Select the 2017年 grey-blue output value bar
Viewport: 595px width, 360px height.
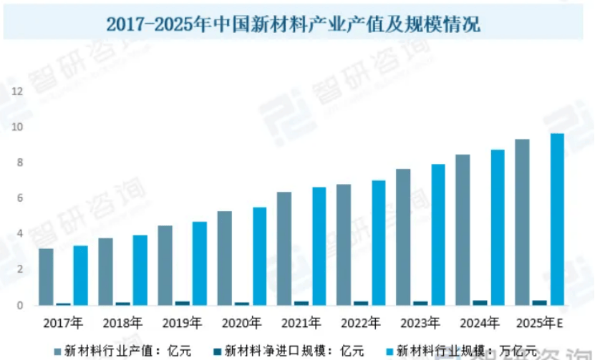[x=46, y=277]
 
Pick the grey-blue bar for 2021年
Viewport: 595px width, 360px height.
[x=284, y=248]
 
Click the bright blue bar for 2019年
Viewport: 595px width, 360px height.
[x=199, y=263]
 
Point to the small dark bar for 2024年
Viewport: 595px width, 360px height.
[x=479, y=303]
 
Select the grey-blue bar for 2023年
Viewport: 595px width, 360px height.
[x=403, y=237]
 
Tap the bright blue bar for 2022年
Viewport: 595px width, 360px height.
[x=378, y=243]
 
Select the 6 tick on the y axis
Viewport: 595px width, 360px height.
[x=20, y=198]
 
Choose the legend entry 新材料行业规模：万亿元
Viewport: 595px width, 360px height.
[x=460, y=350]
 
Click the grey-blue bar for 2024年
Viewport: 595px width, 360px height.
[x=463, y=230]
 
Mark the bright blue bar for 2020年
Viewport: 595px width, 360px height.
[x=259, y=256]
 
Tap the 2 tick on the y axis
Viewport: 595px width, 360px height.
[x=20, y=269]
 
